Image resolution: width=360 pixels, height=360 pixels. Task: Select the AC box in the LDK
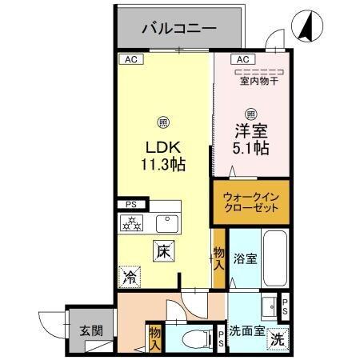click(x=128, y=59)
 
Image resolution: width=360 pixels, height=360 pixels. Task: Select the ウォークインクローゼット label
click(x=250, y=202)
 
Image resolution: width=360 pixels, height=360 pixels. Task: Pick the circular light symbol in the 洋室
click(x=250, y=113)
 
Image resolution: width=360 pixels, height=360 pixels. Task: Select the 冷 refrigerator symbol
click(x=128, y=277)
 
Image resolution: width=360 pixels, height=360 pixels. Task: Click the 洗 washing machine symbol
click(x=276, y=338)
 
